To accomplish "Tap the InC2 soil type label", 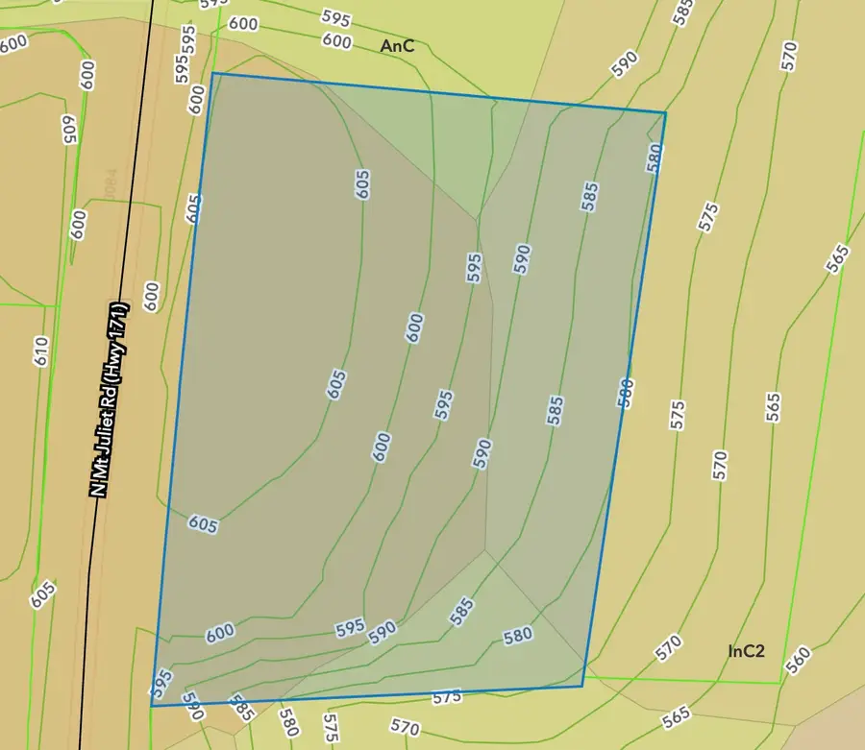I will [746, 651].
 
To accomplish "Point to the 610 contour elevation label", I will [40, 351].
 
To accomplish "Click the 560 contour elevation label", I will [797, 660].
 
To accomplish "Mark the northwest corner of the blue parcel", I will [212, 73].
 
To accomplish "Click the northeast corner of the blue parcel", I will [665, 112].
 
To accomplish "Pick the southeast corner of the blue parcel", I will [582, 686].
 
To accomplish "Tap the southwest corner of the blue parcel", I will [152, 706].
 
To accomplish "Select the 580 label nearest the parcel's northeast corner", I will [654, 157].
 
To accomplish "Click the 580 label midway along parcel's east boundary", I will [626, 394].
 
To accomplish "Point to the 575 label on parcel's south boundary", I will [447, 696].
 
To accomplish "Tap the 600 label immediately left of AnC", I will [336, 40].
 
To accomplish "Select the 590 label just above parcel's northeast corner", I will [626, 63].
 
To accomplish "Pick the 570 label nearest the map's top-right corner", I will [790, 56].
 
